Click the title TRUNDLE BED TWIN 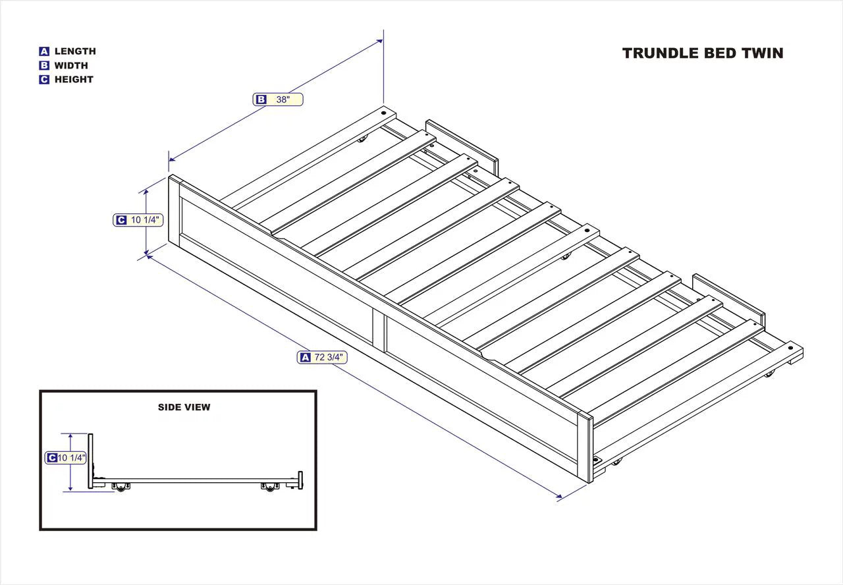(703, 53)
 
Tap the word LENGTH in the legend (74, 51)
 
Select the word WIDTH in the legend (70, 65)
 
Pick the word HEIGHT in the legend (73, 80)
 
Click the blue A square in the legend (44, 51)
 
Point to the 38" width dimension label (278, 99)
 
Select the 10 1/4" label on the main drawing (138, 220)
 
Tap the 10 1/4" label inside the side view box (66, 458)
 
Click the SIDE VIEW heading (184, 407)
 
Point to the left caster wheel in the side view (121, 487)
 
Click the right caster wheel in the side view (269, 488)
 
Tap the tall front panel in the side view (91, 461)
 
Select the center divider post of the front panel (379, 327)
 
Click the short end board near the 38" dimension (461, 142)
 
